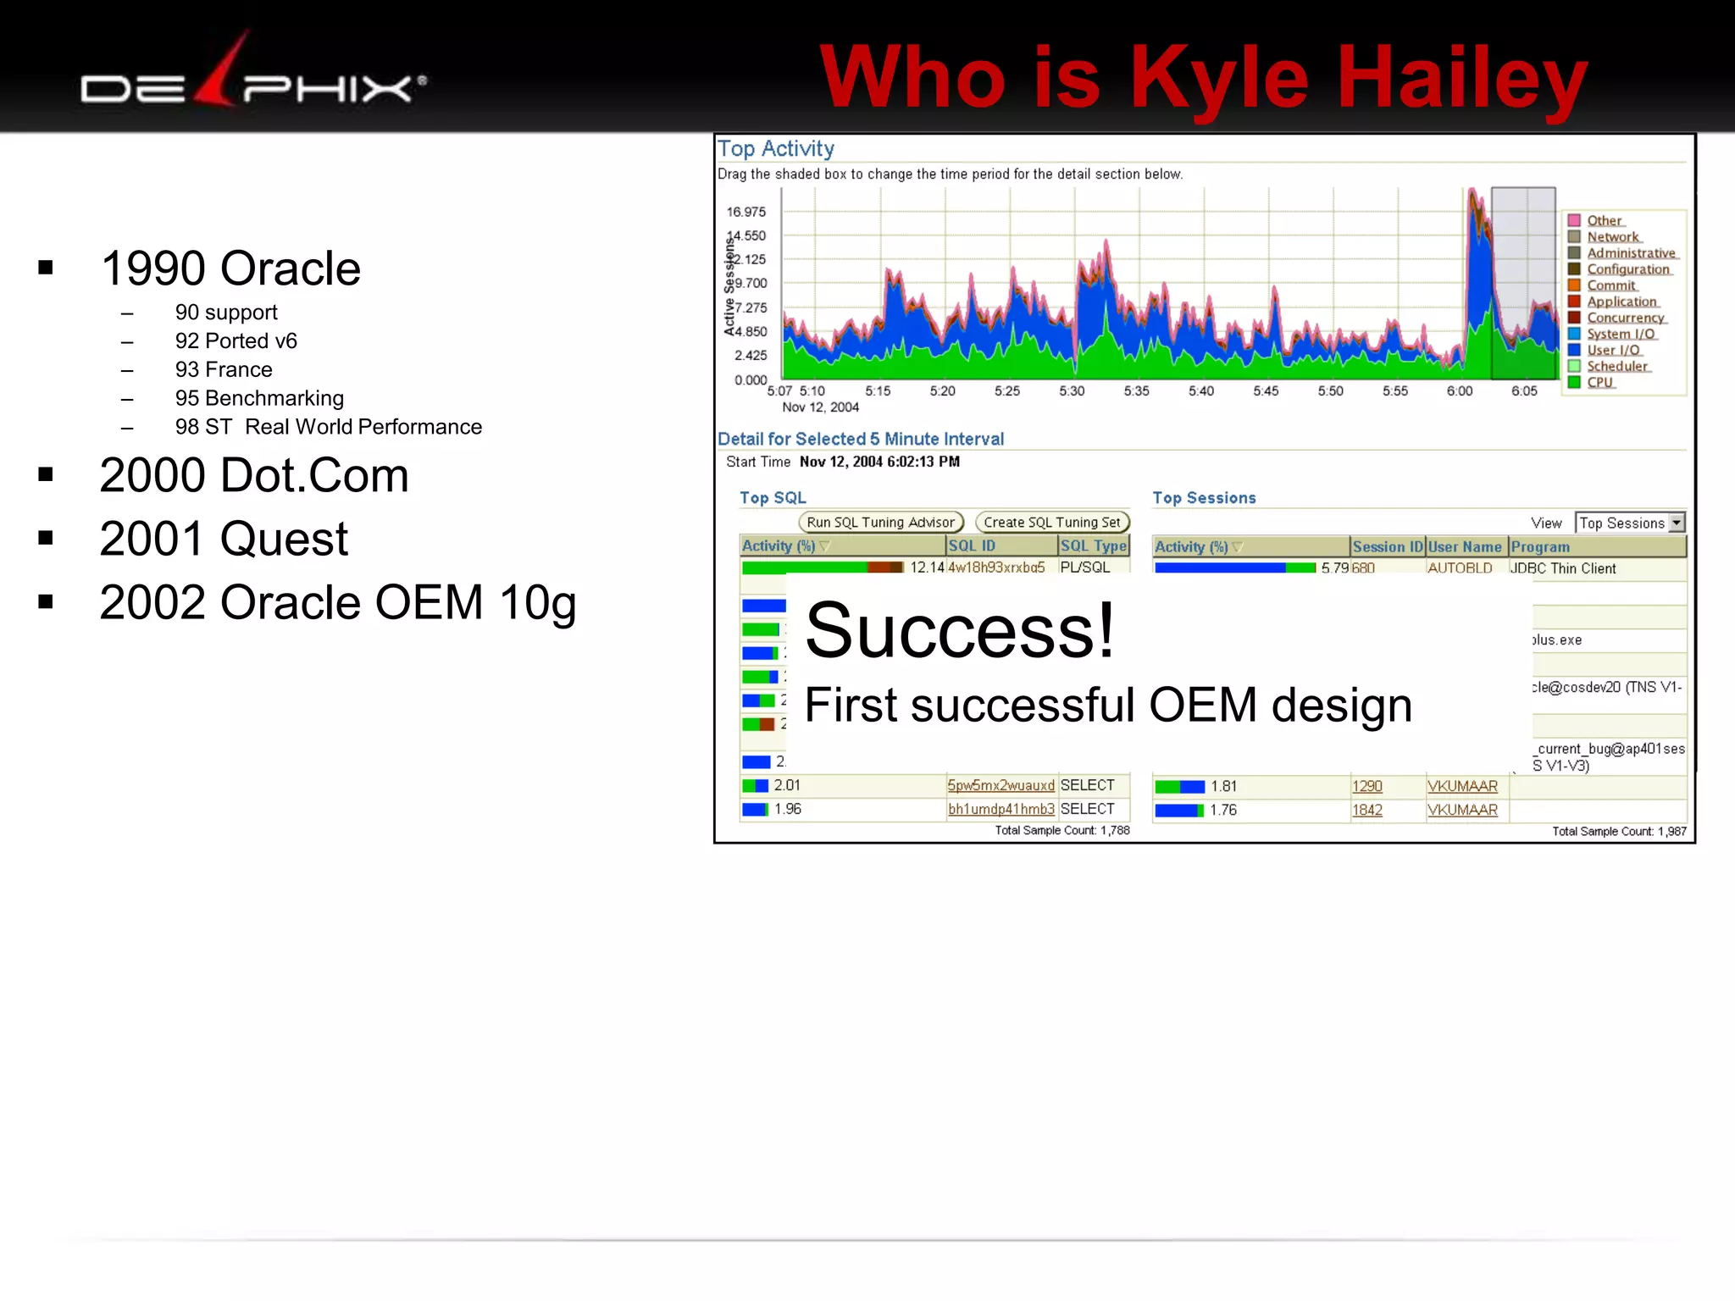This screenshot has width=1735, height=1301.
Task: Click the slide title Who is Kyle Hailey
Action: click(1203, 78)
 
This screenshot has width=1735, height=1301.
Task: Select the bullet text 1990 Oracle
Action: click(230, 269)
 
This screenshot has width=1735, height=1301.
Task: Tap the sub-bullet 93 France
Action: click(224, 369)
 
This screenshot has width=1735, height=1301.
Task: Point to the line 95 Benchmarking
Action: click(259, 398)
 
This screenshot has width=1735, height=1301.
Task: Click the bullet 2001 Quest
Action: click(224, 539)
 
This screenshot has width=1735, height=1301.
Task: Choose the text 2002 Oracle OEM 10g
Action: click(337, 602)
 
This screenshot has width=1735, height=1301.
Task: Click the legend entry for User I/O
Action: click(1613, 350)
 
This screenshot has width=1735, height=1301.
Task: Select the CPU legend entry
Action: click(1599, 382)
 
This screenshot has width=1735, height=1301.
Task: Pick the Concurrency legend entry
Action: click(1625, 318)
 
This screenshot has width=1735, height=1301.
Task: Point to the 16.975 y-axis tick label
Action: click(746, 212)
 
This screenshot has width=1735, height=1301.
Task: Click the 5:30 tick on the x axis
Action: click(1072, 390)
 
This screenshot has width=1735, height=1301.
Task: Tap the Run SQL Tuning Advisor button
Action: click(880, 523)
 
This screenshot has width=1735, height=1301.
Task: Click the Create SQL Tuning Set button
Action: click(1051, 523)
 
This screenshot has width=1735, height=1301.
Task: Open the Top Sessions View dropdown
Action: click(1676, 523)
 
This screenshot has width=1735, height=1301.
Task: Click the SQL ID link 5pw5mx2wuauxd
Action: click(1001, 785)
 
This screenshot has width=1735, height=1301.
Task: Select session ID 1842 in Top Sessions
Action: click(1366, 810)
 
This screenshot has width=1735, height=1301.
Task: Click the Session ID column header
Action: click(1387, 546)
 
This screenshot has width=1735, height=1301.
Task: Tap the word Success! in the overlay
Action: click(959, 631)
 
